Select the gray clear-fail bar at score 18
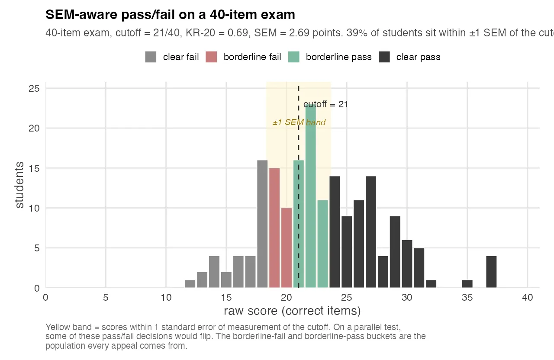tap(262, 224)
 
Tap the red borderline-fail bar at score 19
tap(274, 228)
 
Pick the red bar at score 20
tap(286, 247)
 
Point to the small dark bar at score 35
tap(467, 284)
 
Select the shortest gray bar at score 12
tap(190, 284)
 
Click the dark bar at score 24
tap(335, 231)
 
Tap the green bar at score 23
tap(322, 244)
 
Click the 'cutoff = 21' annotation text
tap(325, 104)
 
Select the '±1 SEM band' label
tap(299, 122)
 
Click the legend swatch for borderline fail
tap(211, 57)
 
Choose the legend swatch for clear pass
tap(384, 57)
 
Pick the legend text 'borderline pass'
tap(338, 57)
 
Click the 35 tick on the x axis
tap(467, 298)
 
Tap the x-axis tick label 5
tap(106, 298)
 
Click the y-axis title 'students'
tap(19, 185)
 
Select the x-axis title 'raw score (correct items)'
tap(292, 311)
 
